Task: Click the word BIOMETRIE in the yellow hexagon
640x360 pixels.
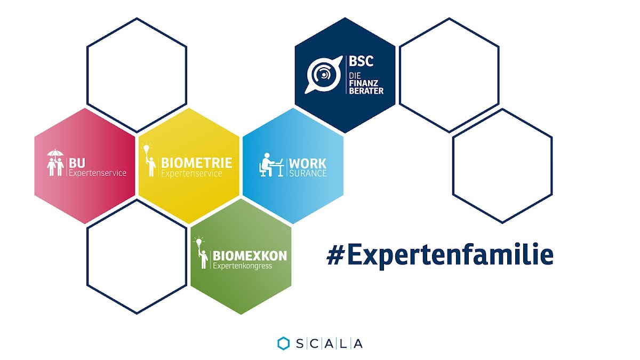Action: click(x=197, y=163)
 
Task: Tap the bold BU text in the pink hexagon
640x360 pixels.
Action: click(x=77, y=163)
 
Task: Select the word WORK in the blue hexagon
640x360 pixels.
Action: click(x=308, y=164)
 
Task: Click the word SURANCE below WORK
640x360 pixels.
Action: click(x=308, y=173)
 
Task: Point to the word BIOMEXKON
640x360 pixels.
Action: click(x=250, y=256)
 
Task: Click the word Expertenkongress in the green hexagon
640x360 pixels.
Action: click(x=242, y=266)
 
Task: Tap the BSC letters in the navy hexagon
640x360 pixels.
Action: click(x=361, y=61)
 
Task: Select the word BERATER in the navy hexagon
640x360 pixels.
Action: click(x=366, y=91)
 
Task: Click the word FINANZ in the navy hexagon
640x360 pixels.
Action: click(x=364, y=83)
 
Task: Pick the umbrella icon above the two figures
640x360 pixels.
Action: click(x=55, y=153)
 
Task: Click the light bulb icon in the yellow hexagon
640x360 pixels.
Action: click(x=146, y=148)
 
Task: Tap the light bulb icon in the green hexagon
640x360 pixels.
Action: click(x=199, y=242)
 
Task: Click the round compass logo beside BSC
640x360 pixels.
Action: click(x=323, y=75)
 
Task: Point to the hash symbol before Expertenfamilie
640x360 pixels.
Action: click(x=335, y=255)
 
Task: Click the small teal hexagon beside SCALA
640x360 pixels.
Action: click(x=283, y=343)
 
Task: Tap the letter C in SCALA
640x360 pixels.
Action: click(x=314, y=343)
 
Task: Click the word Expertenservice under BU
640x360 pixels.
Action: click(x=98, y=173)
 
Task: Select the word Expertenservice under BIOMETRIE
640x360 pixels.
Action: click(x=191, y=173)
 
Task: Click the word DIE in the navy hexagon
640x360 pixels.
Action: click(x=355, y=76)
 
